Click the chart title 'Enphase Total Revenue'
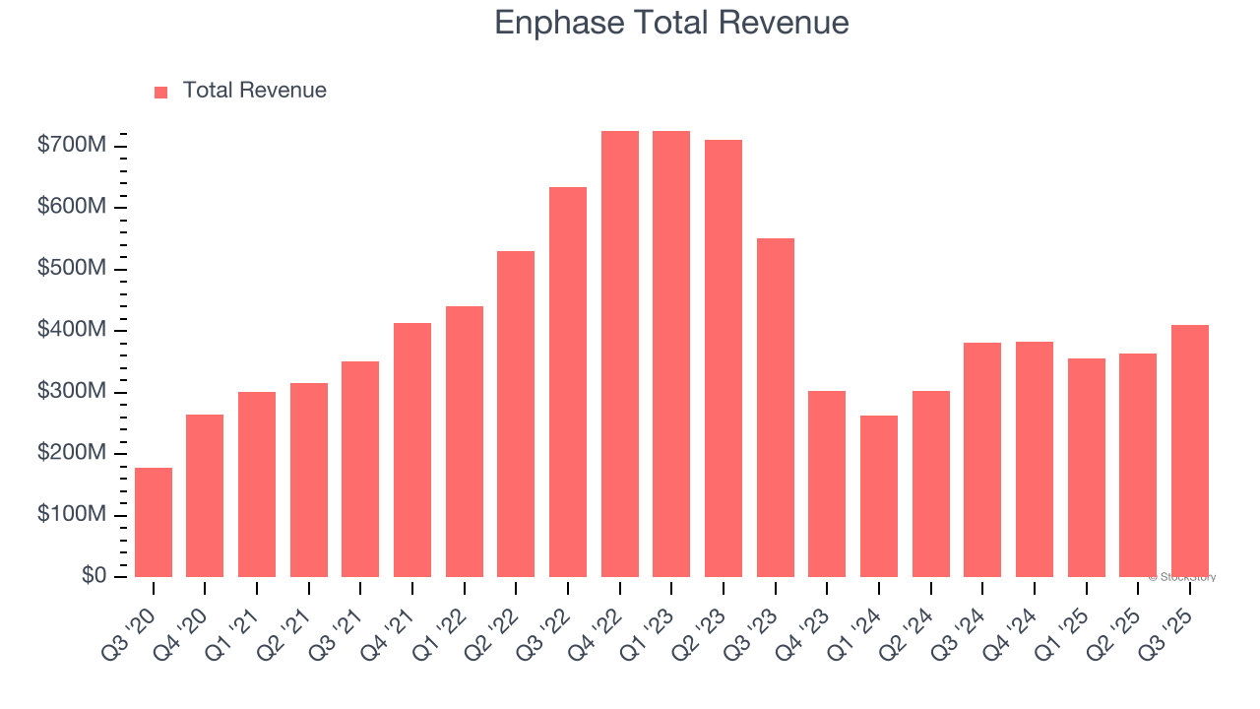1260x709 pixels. [671, 22]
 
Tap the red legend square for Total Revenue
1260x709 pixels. [161, 92]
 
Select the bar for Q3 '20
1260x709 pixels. [154, 522]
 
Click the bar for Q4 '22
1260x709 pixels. [620, 354]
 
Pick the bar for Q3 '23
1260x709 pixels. [776, 408]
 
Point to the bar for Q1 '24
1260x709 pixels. [879, 496]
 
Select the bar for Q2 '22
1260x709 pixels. [516, 414]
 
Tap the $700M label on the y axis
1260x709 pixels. [71, 146]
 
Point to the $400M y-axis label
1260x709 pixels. [71, 330]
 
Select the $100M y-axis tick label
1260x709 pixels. [71, 515]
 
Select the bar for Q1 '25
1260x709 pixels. [1087, 468]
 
